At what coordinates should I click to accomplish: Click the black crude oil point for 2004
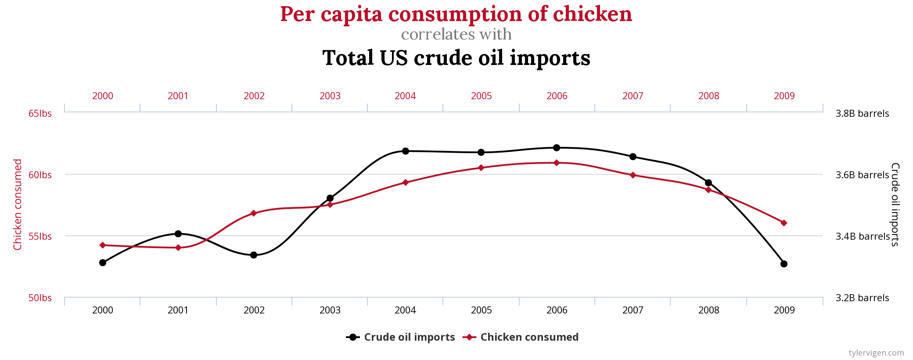click(x=406, y=151)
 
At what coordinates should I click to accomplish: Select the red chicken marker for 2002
click(x=253, y=213)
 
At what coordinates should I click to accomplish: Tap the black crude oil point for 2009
click(x=784, y=264)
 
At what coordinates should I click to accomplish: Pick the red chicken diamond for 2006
click(x=557, y=163)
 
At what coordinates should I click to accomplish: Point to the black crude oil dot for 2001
click(x=178, y=234)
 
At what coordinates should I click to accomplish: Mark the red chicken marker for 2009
click(x=784, y=223)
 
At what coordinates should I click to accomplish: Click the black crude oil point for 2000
click(x=103, y=263)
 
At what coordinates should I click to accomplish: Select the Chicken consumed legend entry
click(x=521, y=337)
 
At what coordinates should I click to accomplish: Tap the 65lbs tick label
click(x=40, y=114)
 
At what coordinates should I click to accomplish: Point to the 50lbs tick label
click(x=40, y=298)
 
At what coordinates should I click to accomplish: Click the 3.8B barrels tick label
click(x=862, y=114)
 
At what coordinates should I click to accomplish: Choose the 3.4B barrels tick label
click(x=862, y=237)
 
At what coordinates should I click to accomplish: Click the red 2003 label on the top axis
click(x=330, y=96)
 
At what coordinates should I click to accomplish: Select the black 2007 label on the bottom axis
click(x=633, y=310)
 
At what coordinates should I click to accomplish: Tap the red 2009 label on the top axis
click(x=784, y=96)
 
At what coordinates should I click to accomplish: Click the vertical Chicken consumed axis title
click(x=18, y=205)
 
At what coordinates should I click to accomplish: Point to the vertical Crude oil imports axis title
click(x=895, y=205)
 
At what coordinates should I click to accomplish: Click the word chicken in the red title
click(x=592, y=14)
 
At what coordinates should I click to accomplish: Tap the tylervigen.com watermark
click(x=876, y=353)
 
